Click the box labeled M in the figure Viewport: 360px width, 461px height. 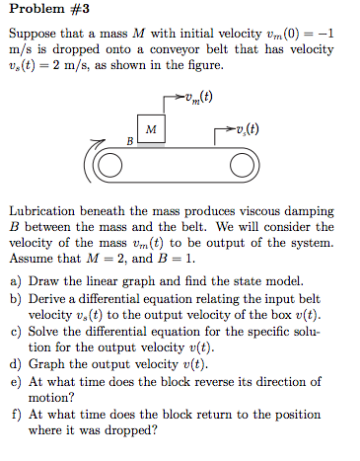coord(150,129)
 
